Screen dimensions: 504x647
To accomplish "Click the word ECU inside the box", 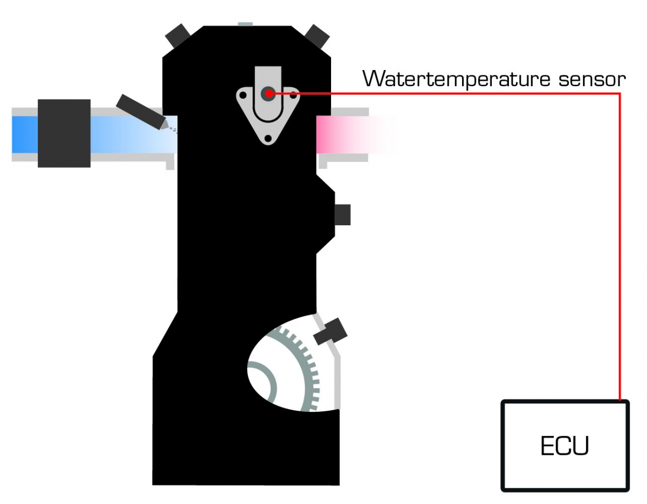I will (565, 446).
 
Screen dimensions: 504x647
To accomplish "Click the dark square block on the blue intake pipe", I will (64, 133).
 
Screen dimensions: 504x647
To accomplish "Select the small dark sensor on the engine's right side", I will (342, 215).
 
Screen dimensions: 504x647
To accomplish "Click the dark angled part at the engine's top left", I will (176, 36).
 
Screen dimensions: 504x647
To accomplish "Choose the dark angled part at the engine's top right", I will (317, 36).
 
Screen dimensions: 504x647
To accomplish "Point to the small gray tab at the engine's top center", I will (245, 23).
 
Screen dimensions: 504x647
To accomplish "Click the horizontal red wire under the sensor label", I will (448, 93).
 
